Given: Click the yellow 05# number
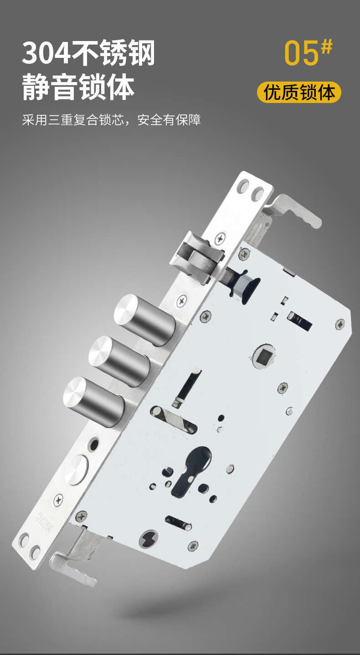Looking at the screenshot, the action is [308, 52].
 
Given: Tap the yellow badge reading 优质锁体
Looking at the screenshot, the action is [299, 93].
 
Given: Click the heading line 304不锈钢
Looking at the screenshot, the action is [88, 53].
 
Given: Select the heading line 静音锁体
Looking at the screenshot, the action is [78, 87].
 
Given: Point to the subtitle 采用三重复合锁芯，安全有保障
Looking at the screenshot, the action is [112, 120].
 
